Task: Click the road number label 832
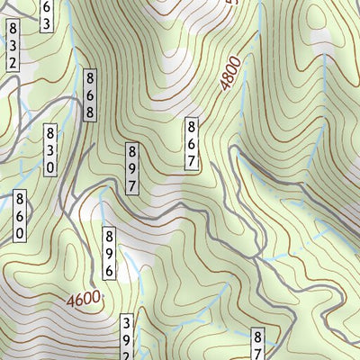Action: [13, 47]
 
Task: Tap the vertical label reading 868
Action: [91, 95]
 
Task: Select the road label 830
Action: [51, 149]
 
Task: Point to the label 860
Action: [19, 216]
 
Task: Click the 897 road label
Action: [132, 167]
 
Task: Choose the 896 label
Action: [108, 252]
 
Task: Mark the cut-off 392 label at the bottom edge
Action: [128, 337]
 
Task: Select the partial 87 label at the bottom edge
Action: [256, 344]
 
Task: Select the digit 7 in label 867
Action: [192, 160]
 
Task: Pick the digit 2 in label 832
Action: [13, 62]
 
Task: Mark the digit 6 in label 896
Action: [108, 268]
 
